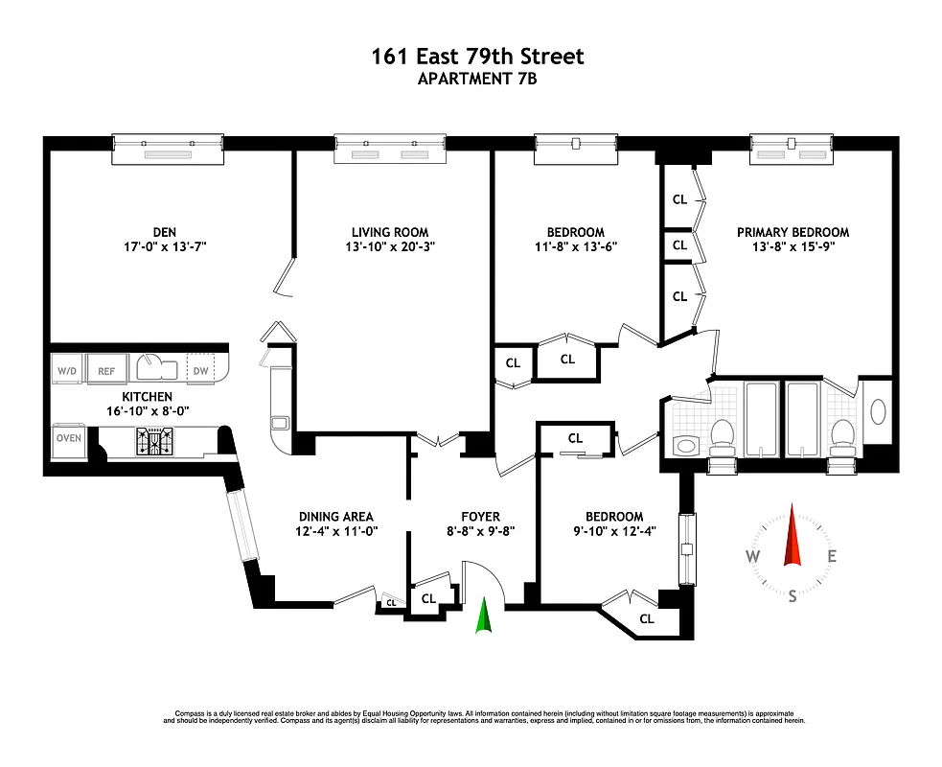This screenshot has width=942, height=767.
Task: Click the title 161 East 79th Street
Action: (477, 57)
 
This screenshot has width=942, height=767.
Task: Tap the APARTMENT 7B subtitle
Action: (477, 80)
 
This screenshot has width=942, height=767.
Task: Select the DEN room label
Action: (164, 232)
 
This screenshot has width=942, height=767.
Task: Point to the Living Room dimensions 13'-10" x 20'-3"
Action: (389, 246)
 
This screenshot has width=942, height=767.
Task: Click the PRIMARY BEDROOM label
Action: (793, 232)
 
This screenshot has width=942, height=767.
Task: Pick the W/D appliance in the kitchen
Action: (66, 370)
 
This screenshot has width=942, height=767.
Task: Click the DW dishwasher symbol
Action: (200, 370)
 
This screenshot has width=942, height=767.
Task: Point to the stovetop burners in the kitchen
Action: (155, 440)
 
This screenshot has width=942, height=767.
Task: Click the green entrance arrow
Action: (485, 615)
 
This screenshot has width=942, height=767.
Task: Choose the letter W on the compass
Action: (753, 557)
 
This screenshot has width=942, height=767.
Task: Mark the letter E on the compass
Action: (832, 556)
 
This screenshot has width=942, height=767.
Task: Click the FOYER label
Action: (479, 516)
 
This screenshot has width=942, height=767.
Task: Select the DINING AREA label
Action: (335, 516)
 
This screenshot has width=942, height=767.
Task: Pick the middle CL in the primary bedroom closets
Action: (679, 244)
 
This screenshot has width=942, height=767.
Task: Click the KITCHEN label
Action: (147, 396)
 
